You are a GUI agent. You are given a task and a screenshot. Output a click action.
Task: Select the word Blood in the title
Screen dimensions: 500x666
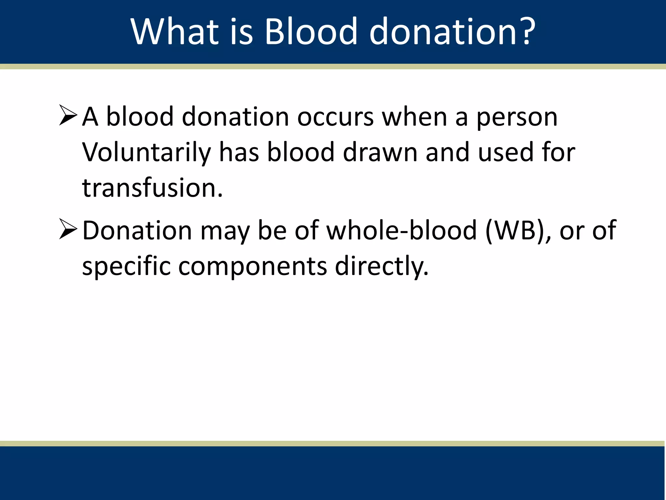pyautogui.click(x=311, y=32)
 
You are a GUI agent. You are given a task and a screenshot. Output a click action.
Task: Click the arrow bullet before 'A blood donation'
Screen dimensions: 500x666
pyautogui.click(x=68, y=116)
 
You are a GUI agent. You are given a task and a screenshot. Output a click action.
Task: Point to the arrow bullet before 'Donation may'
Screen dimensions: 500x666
pyautogui.click(x=68, y=229)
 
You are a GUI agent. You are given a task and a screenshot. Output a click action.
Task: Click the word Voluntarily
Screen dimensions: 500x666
pyautogui.click(x=146, y=152)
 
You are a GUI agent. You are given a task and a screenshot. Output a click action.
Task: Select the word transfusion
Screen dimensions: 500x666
pyautogui.click(x=152, y=188)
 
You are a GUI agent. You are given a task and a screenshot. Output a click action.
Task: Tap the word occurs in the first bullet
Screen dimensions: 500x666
pyautogui.click(x=335, y=117)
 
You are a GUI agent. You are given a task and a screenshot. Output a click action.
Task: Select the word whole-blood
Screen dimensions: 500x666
pyautogui.click(x=401, y=230)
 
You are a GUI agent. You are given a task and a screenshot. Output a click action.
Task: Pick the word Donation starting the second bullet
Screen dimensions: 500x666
pyautogui.click(x=137, y=230)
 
